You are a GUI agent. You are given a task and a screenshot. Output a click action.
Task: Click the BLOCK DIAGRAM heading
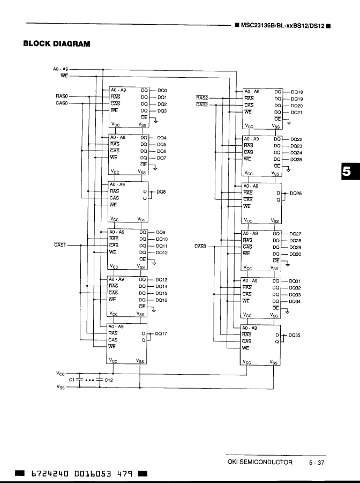56,43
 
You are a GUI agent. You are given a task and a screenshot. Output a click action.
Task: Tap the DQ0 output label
162,91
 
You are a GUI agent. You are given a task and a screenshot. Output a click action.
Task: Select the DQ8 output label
161,191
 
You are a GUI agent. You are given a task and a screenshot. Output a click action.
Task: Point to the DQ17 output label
161,333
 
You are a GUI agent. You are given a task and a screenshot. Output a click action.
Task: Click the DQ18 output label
296,92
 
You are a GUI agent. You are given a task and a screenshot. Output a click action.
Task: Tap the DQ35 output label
294,335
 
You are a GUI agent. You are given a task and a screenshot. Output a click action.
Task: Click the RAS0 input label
62,96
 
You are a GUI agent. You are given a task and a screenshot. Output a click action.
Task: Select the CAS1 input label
60,245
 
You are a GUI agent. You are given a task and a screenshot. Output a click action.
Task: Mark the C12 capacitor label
108,380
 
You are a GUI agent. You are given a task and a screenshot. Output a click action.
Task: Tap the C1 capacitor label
72,380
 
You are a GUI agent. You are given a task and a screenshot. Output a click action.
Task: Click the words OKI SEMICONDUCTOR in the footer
260,463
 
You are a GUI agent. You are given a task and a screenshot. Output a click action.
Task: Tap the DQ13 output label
161,280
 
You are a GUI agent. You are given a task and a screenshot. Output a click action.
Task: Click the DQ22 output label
296,139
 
